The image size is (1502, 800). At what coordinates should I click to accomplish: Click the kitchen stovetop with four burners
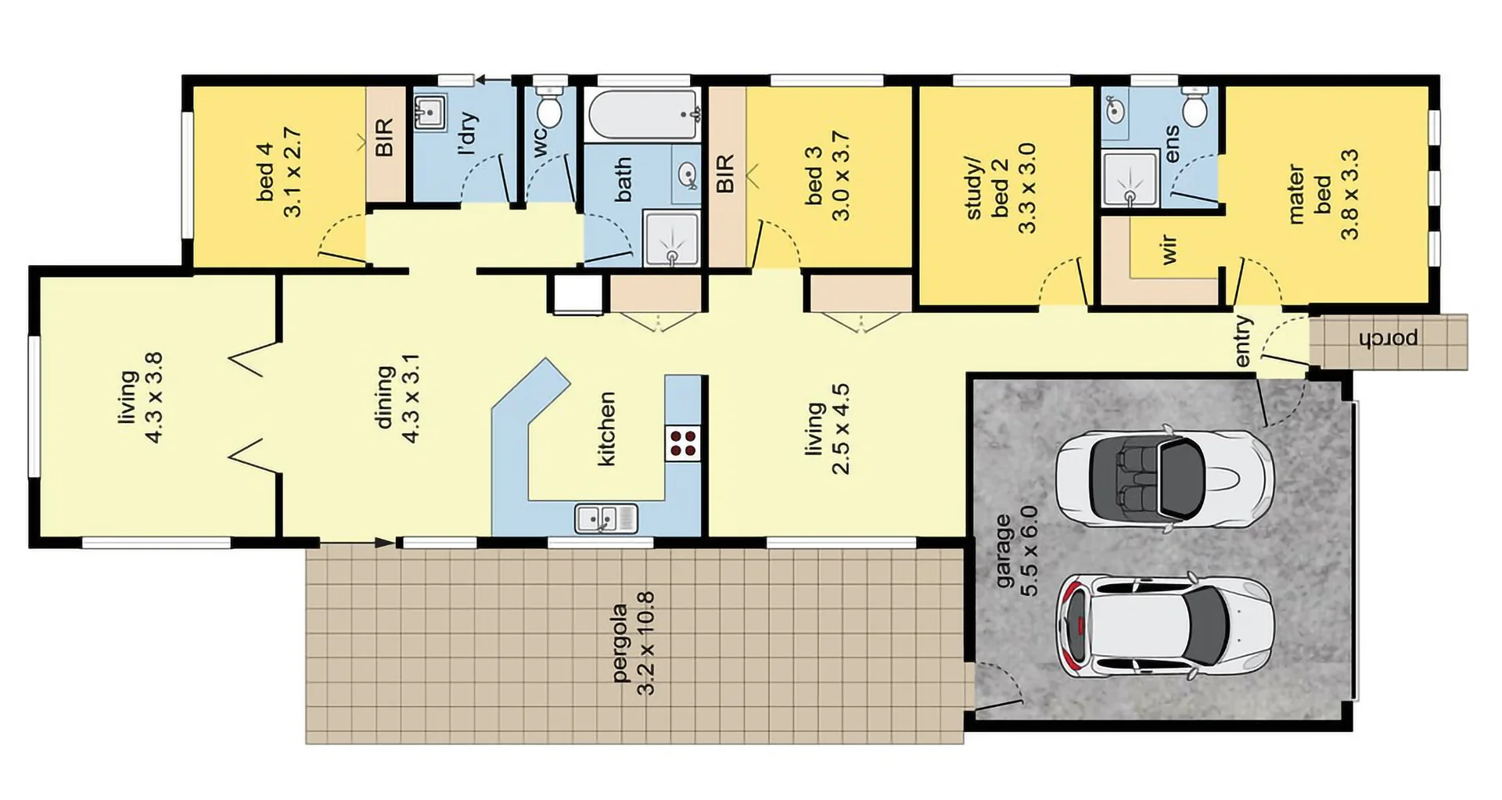tap(683, 443)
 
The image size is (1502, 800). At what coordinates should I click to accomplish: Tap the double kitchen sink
tap(606, 518)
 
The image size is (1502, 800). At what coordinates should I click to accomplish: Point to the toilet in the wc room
tap(551, 109)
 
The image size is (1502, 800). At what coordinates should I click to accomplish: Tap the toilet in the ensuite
tap(1195, 109)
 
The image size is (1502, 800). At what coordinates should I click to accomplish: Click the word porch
tap(1389, 339)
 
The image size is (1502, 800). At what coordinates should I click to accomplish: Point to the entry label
tap(1243, 341)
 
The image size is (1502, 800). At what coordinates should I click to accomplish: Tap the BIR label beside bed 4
tap(385, 138)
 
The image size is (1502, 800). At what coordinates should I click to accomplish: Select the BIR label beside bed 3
tap(725, 174)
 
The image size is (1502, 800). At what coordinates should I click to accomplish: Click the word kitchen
tap(606, 429)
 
